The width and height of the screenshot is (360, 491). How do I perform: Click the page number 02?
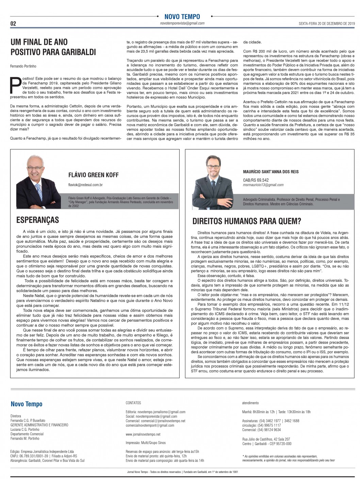pos(13,24)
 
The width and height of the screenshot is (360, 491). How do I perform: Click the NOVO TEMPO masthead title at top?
pos(182,17)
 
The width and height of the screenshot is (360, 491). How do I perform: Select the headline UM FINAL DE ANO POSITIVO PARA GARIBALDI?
pos(53,47)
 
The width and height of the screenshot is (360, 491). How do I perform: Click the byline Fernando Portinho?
pos(23,66)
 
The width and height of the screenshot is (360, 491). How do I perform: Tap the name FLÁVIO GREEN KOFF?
pos(93,175)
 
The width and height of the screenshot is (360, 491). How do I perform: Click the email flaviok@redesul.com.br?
pos(85,185)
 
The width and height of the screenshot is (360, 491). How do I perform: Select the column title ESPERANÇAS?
pos(37,220)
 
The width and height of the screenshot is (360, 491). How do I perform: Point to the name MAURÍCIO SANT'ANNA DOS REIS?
pos(271,172)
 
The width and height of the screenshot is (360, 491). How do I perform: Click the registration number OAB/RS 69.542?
pos(256,180)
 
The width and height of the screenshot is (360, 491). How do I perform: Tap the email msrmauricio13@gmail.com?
pos(263,185)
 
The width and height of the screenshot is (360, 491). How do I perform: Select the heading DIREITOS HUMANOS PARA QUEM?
pos(247,221)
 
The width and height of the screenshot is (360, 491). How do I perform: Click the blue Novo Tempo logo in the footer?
pos(27,404)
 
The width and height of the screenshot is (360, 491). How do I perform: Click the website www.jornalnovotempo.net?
pos(143,435)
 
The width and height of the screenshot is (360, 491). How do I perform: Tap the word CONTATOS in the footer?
pos(133,403)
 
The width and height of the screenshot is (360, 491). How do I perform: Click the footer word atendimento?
pos(250,403)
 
